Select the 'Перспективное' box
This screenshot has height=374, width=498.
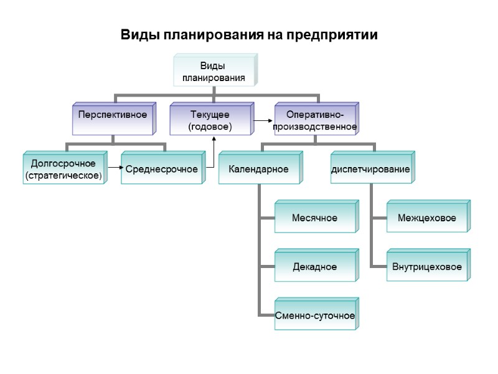[113, 116]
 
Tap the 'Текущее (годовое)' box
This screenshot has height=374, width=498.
[210, 120]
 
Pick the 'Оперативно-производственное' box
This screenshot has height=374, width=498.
[314, 120]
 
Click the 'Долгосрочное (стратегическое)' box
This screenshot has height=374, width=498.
[63, 170]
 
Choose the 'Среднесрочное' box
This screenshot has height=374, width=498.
[162, 169]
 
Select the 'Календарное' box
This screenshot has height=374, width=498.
[259, 169]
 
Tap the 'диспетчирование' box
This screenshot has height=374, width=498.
[370, 169]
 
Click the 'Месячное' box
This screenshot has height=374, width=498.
[315, 218]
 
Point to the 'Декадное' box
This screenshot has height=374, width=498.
[315, 267]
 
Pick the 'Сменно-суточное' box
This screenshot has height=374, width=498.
[315, 315]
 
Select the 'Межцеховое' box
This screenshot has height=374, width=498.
[426, 218]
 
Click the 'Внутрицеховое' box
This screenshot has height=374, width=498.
[426, 267]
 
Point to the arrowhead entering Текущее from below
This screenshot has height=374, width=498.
[215, 139]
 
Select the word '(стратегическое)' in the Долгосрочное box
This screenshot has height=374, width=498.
[63, 176]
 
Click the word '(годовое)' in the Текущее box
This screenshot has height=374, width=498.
[210, 127]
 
